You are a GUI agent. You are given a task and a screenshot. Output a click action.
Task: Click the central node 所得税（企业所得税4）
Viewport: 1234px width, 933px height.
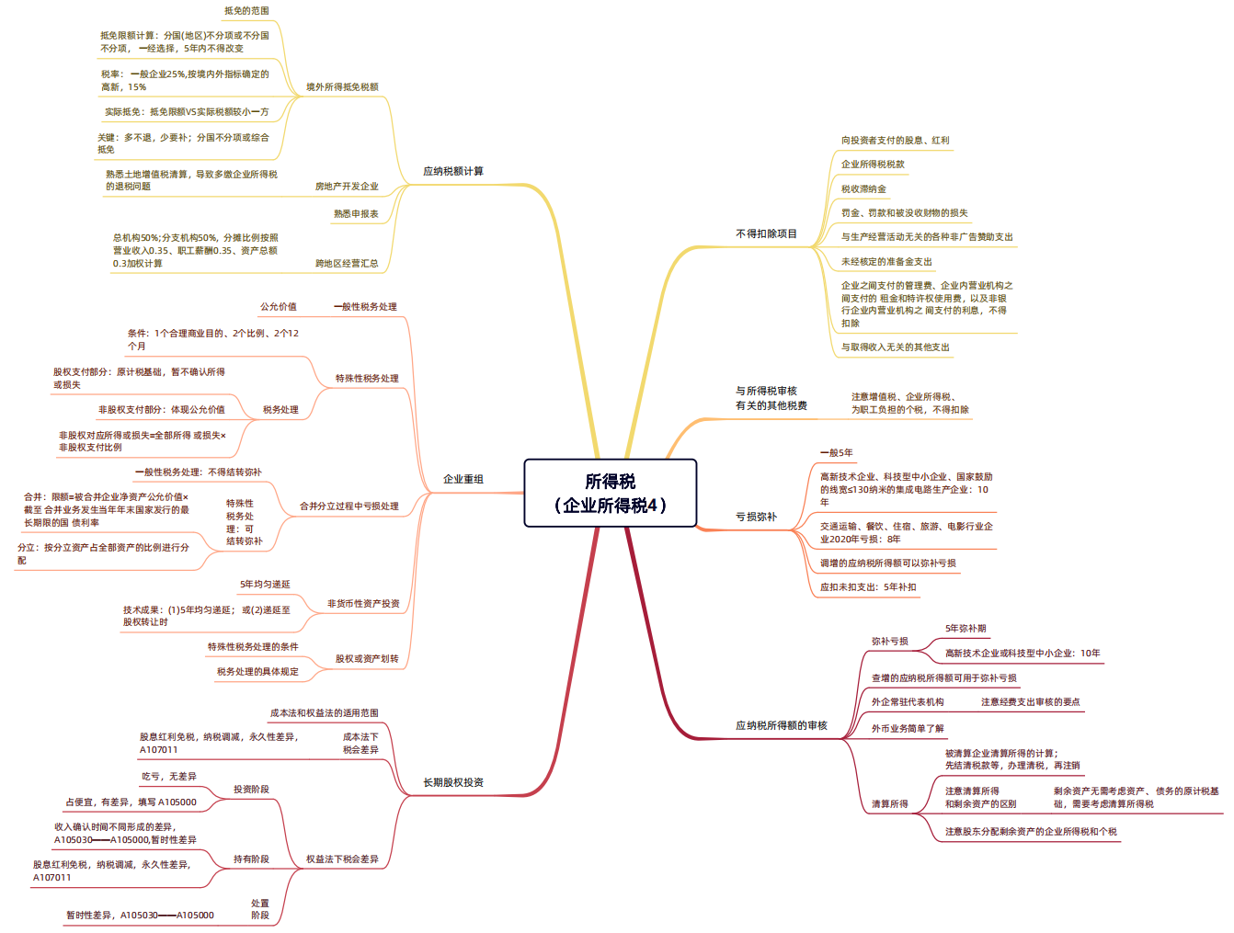(610, 493)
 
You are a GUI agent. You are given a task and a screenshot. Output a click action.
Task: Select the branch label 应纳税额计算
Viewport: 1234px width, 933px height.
(452, 171)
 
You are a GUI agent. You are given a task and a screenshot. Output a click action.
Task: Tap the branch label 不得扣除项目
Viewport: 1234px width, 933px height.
(766, 233)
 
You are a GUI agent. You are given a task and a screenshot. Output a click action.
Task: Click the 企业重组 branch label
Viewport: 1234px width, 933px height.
(463, 479)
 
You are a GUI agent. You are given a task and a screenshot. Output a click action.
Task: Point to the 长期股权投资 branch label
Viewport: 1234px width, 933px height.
(452, 782)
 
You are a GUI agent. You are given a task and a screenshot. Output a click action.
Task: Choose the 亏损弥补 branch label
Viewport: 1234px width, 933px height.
(756, 516)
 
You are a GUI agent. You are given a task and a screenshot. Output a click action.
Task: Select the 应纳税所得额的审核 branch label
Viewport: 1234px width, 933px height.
(781, 725)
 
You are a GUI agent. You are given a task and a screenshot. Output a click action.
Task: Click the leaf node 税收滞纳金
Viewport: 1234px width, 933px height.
(863, 188)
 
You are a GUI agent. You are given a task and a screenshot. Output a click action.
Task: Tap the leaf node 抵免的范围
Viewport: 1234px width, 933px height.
(246, 11)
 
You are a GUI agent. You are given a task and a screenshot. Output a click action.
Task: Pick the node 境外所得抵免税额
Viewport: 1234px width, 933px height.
(342, 86)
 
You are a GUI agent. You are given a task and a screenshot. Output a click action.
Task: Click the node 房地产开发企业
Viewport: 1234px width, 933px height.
(347, 186)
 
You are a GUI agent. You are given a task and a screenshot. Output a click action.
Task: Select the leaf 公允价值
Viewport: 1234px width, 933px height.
(278, 306)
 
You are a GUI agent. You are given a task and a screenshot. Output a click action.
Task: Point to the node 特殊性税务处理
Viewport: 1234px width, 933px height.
(367, 379)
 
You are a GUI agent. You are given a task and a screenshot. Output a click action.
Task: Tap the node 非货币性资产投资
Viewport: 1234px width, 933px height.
(362, 603)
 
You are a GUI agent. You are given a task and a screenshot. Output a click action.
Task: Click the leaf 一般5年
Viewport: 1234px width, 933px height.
(836, 452)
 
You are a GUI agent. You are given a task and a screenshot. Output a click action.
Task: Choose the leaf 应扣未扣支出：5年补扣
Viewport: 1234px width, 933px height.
(867, 586)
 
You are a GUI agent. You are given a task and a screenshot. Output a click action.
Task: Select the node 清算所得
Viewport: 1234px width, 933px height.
(889, 803)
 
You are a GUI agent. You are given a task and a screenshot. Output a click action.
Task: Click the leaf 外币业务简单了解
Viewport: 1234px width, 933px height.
(908, 728)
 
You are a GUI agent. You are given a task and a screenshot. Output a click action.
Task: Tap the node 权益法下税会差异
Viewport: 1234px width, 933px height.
(342, 859)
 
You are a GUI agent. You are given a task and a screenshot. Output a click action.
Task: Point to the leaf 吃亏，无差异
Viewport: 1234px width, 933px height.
(168, 776)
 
